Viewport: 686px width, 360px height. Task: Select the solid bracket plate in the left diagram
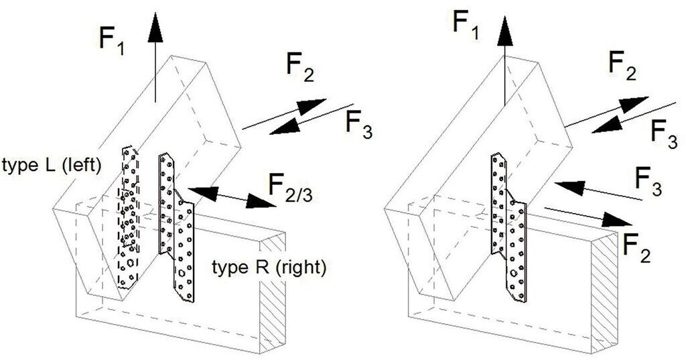[177, 228]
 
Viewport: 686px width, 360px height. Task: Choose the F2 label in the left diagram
[299, 66]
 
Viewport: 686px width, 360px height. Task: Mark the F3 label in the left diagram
[358, 123]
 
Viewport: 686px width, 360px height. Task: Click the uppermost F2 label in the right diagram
[622, 65]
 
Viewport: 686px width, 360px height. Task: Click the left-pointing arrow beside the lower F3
[596, 190]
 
